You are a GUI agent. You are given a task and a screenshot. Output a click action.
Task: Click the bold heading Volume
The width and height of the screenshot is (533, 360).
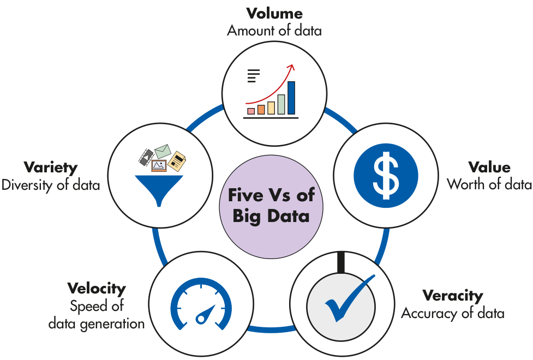click(x=274, y=13)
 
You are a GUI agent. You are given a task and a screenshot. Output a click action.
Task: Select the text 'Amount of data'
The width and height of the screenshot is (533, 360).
click(x=274, y=30)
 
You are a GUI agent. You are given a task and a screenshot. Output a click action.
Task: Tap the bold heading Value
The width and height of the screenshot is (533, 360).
click(x=489, y=167)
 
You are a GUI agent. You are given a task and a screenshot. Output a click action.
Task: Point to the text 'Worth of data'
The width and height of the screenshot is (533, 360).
click(x=489, y=184)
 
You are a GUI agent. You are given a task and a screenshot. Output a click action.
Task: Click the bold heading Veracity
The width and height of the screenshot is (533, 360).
click(x=453, y=296)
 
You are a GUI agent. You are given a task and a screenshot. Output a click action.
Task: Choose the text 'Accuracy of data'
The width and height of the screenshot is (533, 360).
click(x=453, y=313)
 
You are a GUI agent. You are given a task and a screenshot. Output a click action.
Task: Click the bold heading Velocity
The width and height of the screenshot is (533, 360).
click(x=97, y=288)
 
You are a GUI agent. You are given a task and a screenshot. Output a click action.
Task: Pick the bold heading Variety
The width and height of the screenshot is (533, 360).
click(x=50, y=167)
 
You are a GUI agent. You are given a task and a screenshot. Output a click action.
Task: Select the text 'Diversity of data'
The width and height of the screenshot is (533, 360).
click(x=51, y=184)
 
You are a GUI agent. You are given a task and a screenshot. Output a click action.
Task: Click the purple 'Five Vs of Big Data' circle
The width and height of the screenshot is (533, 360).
click(x=271, y=205)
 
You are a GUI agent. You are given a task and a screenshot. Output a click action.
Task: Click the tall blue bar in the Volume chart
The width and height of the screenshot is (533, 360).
click(x=291, y=98)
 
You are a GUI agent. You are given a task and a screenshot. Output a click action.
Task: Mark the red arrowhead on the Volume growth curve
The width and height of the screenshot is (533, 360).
click(x=291, y=68)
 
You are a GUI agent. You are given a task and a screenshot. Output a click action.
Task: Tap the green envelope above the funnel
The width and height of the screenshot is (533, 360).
click(x=163, y=151)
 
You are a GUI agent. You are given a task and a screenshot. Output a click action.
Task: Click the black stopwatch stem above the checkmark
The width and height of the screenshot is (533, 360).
click(x=341, y=261)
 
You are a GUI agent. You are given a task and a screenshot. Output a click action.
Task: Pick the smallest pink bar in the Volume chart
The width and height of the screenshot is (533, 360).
click(x=251, y=111)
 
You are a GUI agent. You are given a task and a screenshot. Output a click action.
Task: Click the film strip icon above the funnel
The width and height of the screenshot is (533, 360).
click(x=145, y=157)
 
